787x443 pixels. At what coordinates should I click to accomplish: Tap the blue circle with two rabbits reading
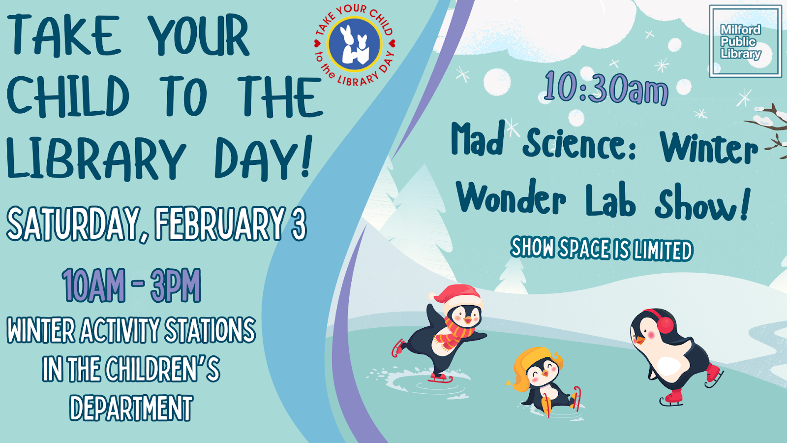354,44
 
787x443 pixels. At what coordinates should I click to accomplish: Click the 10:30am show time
606,88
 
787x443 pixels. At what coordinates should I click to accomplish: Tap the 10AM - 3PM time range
131,285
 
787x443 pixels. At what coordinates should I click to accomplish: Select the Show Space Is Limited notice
602,249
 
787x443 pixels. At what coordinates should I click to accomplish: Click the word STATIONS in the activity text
210,330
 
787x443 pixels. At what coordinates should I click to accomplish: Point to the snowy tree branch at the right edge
768,130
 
